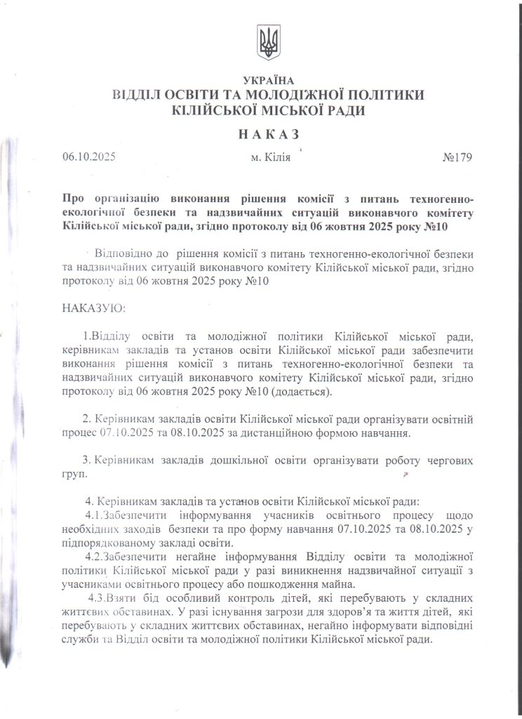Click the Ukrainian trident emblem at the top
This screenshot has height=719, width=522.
click(267, 43)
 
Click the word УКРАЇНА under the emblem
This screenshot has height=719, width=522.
click(267, 81)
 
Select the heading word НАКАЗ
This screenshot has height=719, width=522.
click(267, 133)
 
